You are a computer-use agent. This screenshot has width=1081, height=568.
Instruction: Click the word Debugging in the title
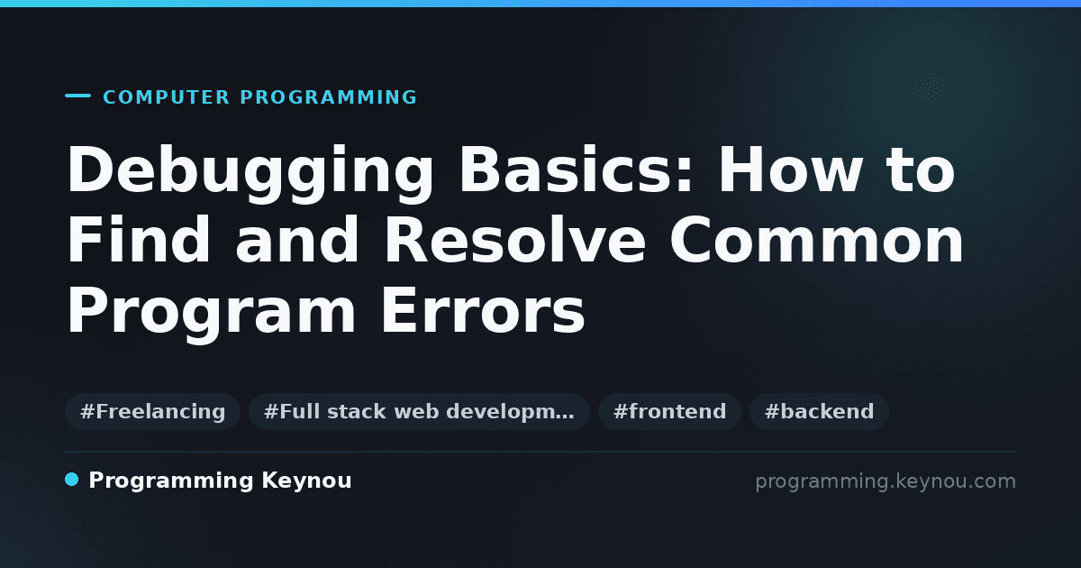[x=250, y=173]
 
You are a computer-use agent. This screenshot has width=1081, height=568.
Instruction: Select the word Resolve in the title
[x=514, y=240]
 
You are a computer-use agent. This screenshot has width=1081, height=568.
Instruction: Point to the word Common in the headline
[x=816, y=240]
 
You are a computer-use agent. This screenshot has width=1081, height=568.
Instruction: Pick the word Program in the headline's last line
[x=212, y=315]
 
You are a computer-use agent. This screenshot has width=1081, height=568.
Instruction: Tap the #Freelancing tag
[x=152, y=411]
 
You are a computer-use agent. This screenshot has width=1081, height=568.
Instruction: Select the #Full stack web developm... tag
[x=419, y=411]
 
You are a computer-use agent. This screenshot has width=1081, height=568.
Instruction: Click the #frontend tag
[x=669, y=411]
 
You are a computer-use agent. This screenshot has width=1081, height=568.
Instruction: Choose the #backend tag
[x=819, y=411]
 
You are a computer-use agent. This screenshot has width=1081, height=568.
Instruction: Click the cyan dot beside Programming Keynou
[x=71, y=480]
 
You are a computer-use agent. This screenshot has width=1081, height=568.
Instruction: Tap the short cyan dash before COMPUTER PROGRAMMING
[x=77, y=96]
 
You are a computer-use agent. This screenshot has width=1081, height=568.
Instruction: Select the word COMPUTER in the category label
[x=167, y=97]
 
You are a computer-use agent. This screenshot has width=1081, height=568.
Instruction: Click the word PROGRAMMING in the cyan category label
[x=329, y=97]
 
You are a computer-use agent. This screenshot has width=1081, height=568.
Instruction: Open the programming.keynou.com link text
[x=886, y=481]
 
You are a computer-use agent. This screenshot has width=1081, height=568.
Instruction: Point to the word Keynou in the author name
[x=306, y=481]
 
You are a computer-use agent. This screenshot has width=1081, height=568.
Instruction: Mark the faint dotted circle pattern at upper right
[x=930, y=90]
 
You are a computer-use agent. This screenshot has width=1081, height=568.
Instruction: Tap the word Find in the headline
[x=139, y=240]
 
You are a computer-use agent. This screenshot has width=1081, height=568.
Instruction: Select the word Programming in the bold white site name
[x=171, y=481]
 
